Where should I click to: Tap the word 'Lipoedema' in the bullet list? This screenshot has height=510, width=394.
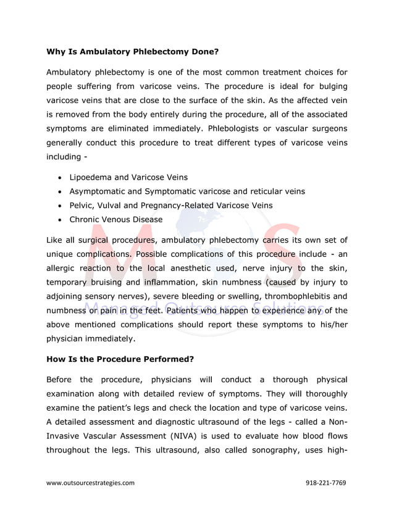click(90, 177)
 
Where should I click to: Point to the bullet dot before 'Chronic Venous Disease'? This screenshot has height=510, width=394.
click(59, 220)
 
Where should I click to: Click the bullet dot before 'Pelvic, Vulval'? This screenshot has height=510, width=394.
click(59, 206)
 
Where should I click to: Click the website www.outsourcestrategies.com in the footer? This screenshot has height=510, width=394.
click(90, 483)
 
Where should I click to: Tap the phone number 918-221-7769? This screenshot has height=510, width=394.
click(326, 483)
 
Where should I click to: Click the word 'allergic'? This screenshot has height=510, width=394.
click(62, 267)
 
